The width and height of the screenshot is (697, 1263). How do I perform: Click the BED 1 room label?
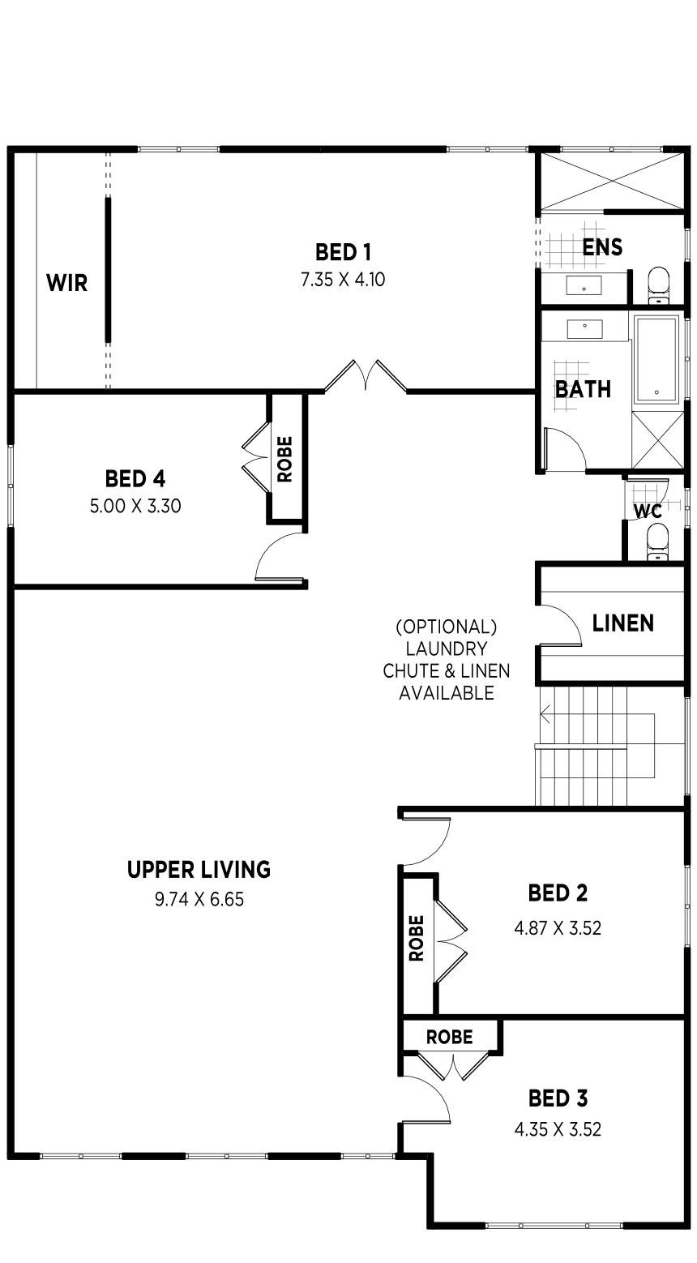(343, 252)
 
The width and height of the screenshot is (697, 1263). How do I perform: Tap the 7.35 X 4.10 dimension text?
(343, 280)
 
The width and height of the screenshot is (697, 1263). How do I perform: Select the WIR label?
(67, 283)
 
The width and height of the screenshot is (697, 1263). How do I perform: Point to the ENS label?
(602, 247)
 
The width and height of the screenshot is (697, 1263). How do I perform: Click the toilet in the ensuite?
(658, 285)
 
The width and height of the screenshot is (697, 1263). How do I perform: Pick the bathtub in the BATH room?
(656, 359)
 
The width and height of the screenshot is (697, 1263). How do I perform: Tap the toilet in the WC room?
(657, 542)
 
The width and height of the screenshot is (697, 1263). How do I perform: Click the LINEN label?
(623, 623)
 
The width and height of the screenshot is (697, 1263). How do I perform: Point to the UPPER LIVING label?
(199, 870)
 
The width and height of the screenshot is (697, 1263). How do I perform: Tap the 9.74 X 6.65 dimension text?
(199, 899)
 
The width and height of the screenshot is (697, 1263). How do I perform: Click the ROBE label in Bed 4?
(285, 460)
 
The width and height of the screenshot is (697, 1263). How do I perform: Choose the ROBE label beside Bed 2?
(416, 938)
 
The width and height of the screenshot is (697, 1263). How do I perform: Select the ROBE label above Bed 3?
(450, 1037)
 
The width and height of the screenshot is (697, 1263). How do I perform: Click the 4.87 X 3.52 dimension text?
(558, 928)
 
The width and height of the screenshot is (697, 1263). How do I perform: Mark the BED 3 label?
(558, 1098)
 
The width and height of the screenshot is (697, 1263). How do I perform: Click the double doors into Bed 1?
(366, 375)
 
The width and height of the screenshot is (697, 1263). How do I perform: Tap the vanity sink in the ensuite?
(584, 286)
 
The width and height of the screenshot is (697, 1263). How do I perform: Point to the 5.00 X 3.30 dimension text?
(135, 507)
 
